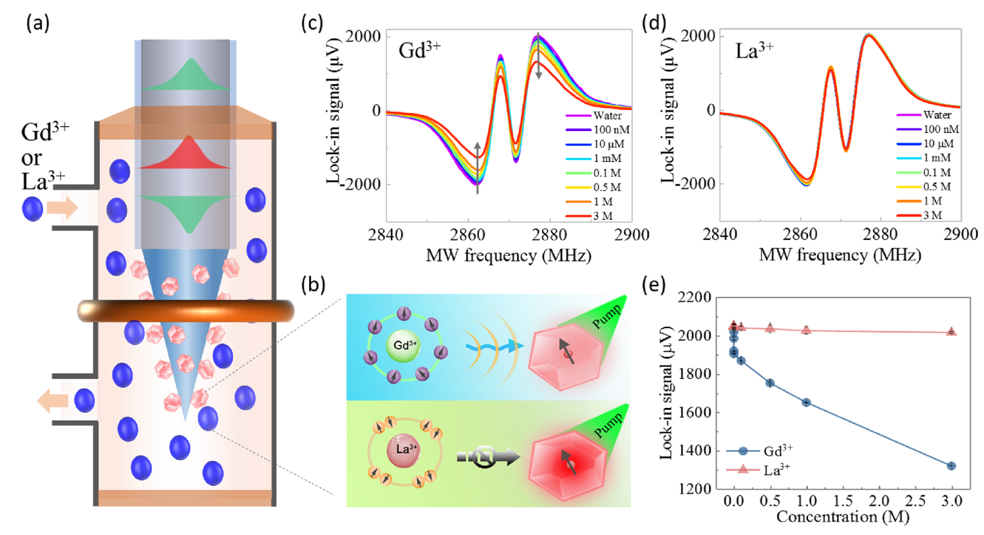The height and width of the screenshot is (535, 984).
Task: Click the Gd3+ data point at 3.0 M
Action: [x=952, y=466]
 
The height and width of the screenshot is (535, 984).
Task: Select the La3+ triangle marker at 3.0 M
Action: [x=952, y=331]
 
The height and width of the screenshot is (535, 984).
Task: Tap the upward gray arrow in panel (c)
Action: [x=478, y=168]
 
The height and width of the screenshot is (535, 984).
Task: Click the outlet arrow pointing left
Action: [x=52, y=401]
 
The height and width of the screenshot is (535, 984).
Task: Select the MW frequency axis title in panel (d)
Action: [x=840, y=255]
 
